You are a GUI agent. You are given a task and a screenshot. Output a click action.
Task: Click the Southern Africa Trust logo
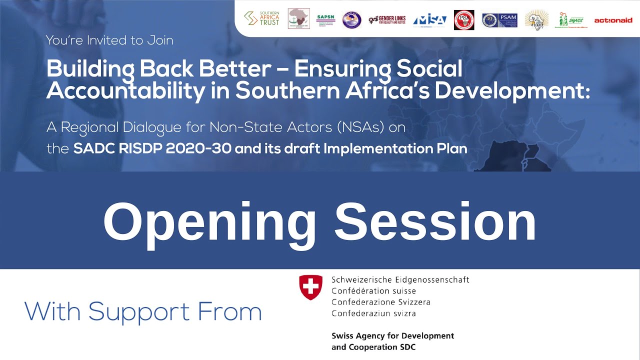(261, 19)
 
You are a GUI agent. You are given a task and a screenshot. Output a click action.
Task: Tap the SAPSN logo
(326, 19)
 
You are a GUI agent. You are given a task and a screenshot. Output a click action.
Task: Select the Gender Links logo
(387, 19)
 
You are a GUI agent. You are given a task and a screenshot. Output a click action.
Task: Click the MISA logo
(430, 20)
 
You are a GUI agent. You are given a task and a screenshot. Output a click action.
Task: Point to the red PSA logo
(464, 20)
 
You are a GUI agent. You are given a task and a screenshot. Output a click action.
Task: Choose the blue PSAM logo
(499, 20)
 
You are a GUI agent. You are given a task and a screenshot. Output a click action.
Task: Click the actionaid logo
(613, 20)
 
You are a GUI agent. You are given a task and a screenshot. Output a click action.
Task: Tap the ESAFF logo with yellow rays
(536, 20)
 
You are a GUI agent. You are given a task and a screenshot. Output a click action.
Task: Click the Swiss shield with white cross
(310, 287)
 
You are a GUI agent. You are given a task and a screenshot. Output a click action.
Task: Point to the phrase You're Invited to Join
(109, 40)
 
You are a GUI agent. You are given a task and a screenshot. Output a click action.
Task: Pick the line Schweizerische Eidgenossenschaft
(400, 279)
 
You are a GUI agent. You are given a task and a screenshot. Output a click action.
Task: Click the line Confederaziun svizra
(373, 313)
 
